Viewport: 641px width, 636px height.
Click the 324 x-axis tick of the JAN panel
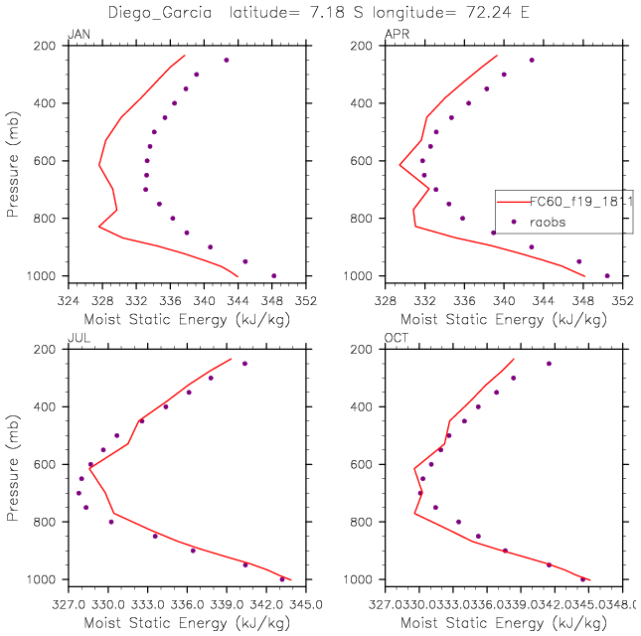click(68, 296)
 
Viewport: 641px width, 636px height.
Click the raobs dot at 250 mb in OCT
click(549, 364)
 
